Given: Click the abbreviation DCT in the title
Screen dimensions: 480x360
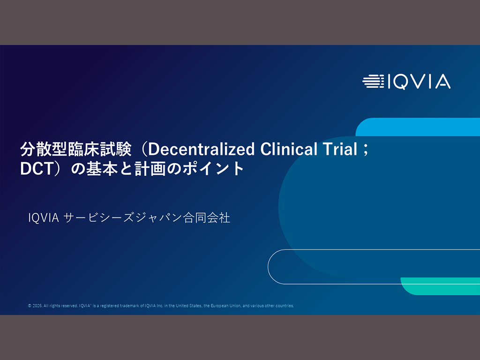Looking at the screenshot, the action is pyautogui.click(x=37, y=169).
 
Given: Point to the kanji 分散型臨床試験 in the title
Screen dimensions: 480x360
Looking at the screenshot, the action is pyautogui.click(x=76, y=149).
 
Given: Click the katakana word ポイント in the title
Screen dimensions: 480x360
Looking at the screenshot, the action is pyautogui.click(x=213, y=169).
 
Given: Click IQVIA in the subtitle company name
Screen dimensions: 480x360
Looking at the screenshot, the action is pyautogui.click(x=44, y=218).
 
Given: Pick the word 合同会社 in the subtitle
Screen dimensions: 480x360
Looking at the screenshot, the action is pyautogui.click(x=207, y=218).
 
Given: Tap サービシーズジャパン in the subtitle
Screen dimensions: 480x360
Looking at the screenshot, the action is pyautogui.click(x=123, y=218).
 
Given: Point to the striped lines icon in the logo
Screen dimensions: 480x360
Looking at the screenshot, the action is pyautogui.click(x=373, y=82).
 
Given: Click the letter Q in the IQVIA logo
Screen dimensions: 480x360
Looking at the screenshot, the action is pyautogui.click(x=402, y=82).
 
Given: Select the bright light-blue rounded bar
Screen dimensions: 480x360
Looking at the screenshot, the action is pyautogui.click(x=418, y=127).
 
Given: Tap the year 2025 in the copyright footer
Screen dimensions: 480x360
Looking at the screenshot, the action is pyautogui.click(x=37, y=306).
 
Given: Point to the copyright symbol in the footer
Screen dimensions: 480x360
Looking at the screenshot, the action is pyautogui.click(x=30, y=306).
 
